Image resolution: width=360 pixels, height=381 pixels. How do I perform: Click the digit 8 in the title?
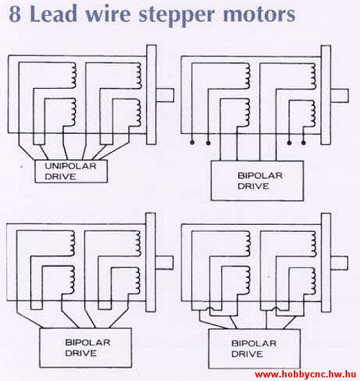point(15,14)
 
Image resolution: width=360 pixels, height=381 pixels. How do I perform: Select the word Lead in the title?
point(53,14)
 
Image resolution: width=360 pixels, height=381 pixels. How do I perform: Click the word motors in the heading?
point(259,14)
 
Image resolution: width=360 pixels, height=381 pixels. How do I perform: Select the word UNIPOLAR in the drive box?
point(71,166)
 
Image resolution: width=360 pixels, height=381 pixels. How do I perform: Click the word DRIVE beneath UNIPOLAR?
point(60,176)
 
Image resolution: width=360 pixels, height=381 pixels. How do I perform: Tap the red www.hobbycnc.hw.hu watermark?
point(305,375)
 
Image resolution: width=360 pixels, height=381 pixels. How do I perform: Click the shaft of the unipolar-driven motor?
point(165,95)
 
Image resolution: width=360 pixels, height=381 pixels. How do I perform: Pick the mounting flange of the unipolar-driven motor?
point(151,95)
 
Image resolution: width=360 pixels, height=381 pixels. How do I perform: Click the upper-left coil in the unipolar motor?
point(73,76)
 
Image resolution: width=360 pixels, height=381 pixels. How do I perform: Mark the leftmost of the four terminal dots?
point(192,143)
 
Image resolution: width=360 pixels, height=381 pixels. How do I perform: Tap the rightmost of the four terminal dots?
point(303,143)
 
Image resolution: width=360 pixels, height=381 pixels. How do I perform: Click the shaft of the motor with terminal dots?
point(340,96)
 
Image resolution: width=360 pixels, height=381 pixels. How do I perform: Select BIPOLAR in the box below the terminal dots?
point(260,176)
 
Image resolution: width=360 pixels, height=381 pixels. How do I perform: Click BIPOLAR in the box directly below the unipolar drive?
point(88,343)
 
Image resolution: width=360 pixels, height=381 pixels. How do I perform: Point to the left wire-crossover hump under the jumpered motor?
point(210,309)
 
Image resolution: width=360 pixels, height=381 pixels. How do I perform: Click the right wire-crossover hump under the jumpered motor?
point(276,309)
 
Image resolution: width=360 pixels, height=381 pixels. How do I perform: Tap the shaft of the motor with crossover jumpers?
point(339,263)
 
